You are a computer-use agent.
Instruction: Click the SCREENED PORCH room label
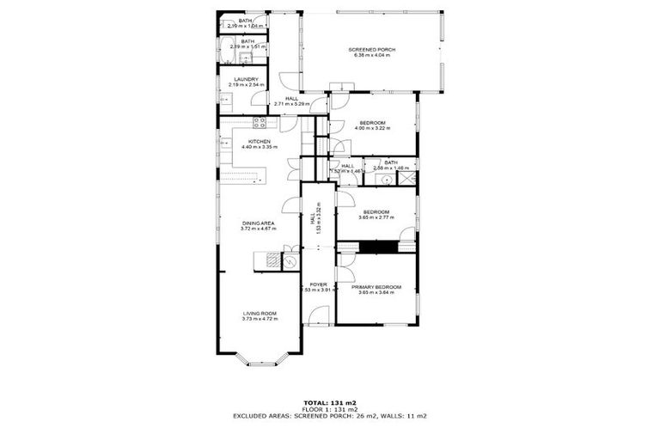click(x=370, y=50)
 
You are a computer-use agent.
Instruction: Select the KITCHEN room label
click(x=260, y=141)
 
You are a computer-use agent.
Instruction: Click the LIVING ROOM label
click(x=259, y=313)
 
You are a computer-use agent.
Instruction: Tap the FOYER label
click(x=318, y=284)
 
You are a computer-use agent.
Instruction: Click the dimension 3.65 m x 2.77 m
click(x=376, y=217)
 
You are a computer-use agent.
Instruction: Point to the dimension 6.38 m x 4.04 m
click(x=370, y=56)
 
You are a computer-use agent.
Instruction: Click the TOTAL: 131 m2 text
click(x=329, y=402)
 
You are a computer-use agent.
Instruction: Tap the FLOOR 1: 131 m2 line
click(x=329, y=409)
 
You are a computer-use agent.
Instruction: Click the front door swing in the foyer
click(x=320, y=314)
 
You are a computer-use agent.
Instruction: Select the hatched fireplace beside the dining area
click(x=272, y=260)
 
